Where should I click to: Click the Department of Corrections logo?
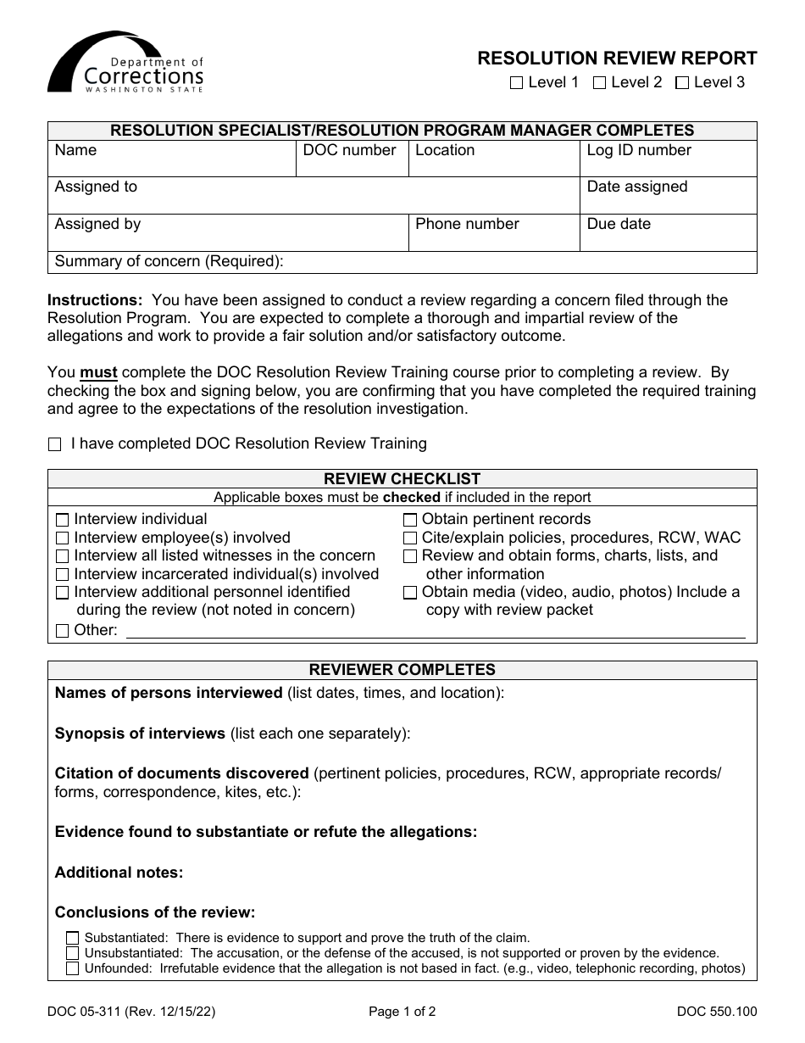coord(125,64)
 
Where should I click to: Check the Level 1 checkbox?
coord(516,83)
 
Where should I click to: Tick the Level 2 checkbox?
coord(599,83)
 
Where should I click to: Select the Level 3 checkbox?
coord(682,83)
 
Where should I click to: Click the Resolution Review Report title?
coord(617,58)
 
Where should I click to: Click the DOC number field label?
coord(350,150)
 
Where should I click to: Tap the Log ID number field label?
coord(639,150)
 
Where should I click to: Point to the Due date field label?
coord(619,224)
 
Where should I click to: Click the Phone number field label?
coord(467,224)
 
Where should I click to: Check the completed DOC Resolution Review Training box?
coord(56,444)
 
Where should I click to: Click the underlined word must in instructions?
coord(98,372)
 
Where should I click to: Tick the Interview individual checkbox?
coord(62,520)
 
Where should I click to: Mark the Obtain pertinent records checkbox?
coord(410,520)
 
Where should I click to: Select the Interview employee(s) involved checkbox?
coord(62,538)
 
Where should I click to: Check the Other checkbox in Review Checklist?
coord(62,631)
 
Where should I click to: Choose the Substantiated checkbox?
coord(73,938)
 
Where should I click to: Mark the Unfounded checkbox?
coord(73,968)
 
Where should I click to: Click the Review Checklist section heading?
coord(402,479)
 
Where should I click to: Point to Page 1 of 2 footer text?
coord(402,1011)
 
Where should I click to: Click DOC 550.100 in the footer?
coord(716,1011)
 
